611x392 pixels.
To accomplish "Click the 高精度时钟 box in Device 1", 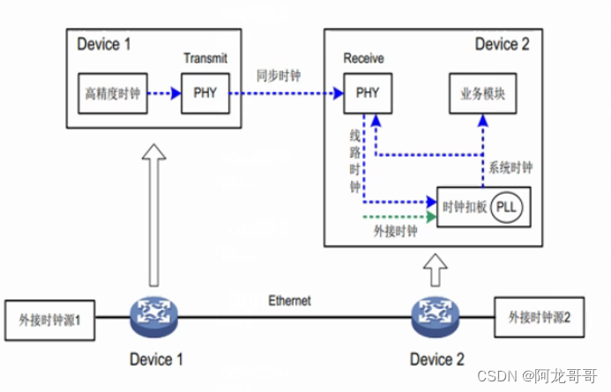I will (112, 94).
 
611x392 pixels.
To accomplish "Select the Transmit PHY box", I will (205, 94).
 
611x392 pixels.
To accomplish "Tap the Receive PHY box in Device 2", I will (366, 94).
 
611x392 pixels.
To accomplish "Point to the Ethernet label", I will (290, 301).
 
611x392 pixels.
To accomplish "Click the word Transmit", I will (205, 59).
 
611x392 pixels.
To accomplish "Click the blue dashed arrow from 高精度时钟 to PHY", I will (162, 94).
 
